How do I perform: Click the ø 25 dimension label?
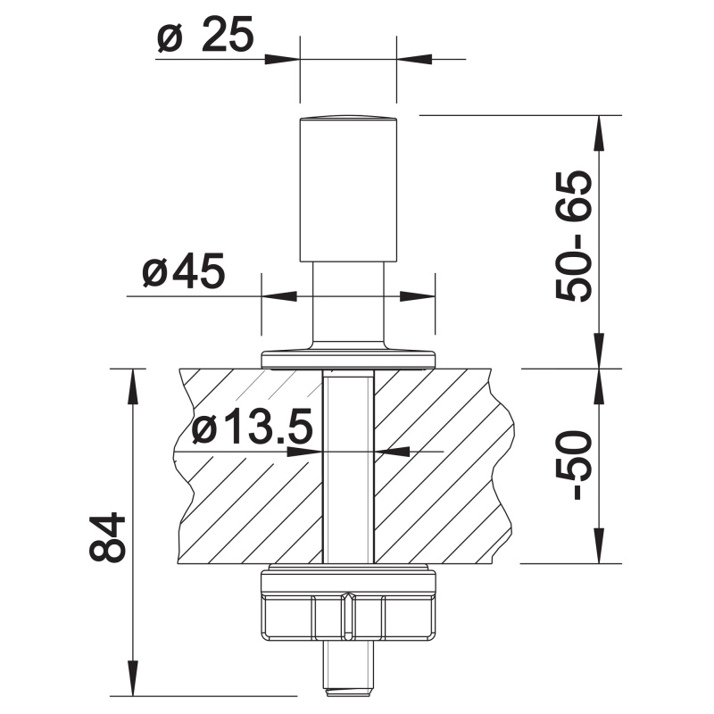click(205, 36)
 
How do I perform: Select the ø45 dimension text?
click(183, 271)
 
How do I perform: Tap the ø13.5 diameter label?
click(252, 427)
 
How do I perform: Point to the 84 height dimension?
click(107, 537)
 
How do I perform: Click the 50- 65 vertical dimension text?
click(574, 236)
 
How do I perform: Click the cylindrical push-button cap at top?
click(348, 189)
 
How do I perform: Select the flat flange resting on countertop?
click(348, 360)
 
